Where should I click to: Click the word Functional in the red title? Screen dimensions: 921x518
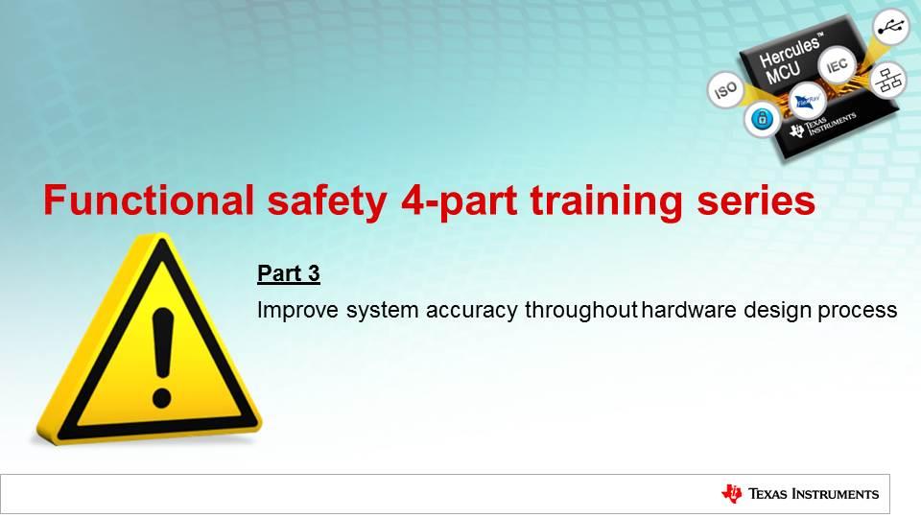click(x=149, y=200)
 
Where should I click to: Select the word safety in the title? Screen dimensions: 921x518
click(x=326, y=202)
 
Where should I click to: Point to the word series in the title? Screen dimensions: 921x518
click(x=756, y=200)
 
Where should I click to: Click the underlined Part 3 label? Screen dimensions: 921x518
click(x=289, y=273)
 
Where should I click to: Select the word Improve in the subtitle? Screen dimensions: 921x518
click(x=297, y=310)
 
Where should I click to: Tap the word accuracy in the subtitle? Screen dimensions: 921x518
click(x=472, y=311)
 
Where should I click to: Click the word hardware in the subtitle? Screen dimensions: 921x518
click(x=689, y=310)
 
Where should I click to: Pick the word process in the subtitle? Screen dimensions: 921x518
click(x=857, y=311)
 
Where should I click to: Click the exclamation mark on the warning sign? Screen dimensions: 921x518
click(x=162, y=358)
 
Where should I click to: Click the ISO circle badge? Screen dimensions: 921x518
click(x=725, y=90)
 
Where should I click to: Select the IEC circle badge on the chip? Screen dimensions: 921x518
click(x=837, y=65)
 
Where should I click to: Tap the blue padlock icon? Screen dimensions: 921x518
click(x=763, y=119)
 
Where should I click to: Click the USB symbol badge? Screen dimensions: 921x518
click(x=891, y=27)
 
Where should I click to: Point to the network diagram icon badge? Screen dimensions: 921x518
click(x=888, y=81)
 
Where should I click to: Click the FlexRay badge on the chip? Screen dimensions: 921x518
click(x=807, y=101)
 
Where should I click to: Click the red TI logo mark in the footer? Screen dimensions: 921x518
click(x=732, y=494)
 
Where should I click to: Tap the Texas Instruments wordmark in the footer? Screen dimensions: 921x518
click(x=814, y=494)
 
